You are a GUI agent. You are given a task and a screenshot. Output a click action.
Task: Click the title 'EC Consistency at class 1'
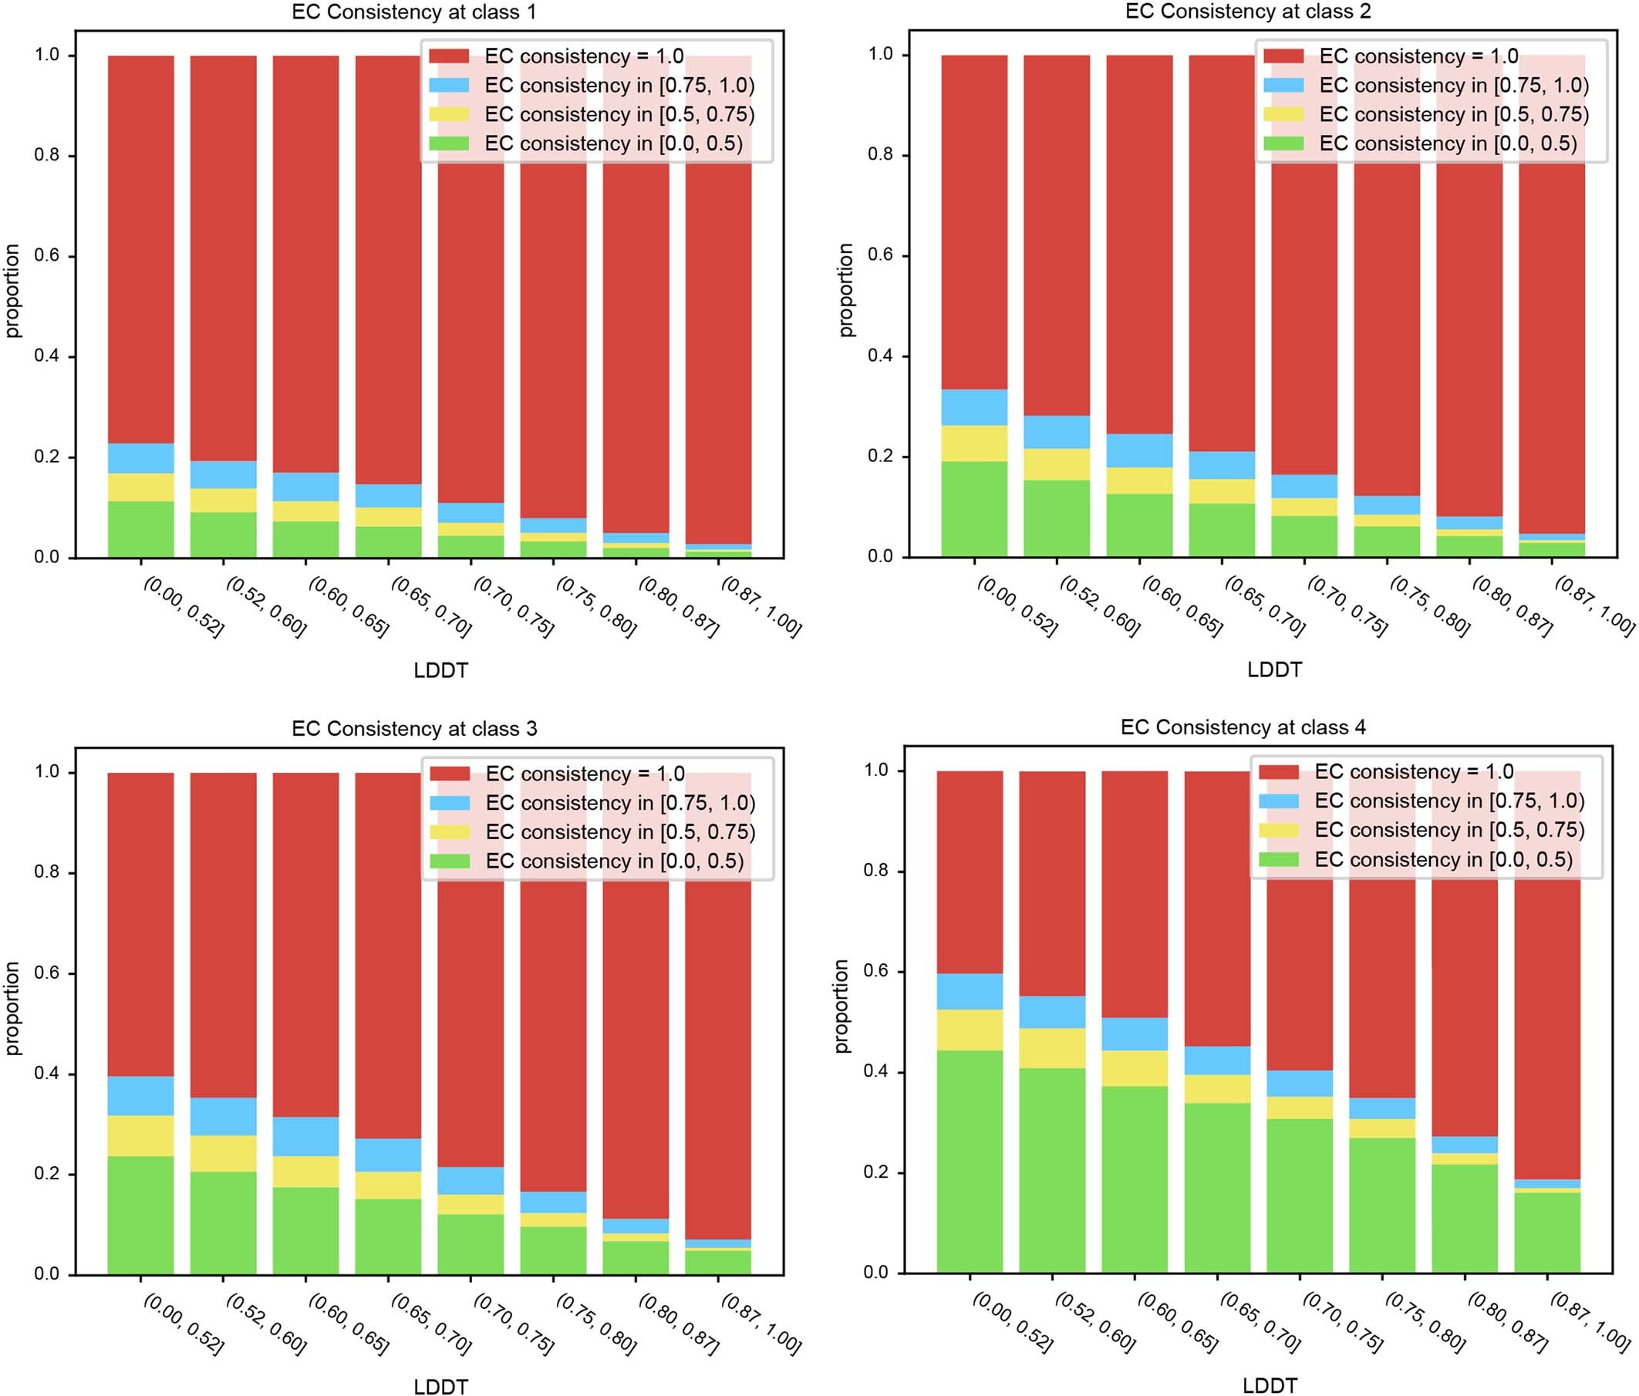(413, 12)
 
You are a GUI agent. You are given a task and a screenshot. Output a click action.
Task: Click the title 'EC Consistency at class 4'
(1243, 727)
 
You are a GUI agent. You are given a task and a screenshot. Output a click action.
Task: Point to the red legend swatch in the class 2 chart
(1283, 56)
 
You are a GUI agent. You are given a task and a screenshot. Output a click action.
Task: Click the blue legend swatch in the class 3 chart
(450, 802)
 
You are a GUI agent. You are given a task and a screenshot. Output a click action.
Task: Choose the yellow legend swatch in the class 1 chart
(449, 114)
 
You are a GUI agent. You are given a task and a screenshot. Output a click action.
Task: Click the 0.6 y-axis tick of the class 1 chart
(47, 256)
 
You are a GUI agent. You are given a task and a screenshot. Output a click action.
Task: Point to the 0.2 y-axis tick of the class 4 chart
(875, 1172)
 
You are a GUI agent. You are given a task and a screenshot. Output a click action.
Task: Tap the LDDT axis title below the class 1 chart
(440, 671)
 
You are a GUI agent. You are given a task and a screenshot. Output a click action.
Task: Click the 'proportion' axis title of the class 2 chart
(845, 290)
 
